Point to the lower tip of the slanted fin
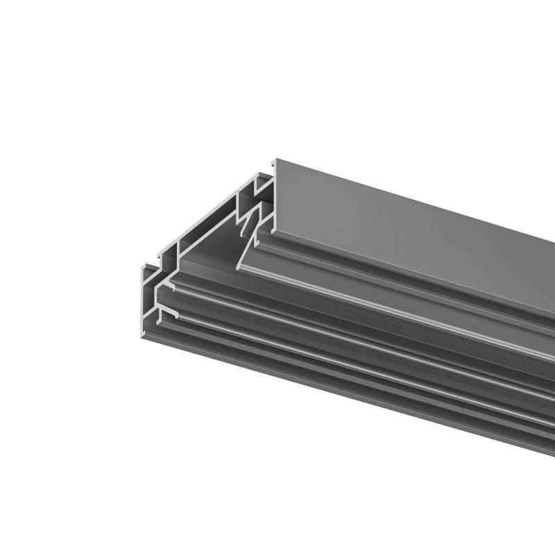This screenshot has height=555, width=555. pos(240,268)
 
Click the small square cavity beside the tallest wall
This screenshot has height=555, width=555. pos(262,185)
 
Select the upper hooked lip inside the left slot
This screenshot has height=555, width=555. pos(168,284)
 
